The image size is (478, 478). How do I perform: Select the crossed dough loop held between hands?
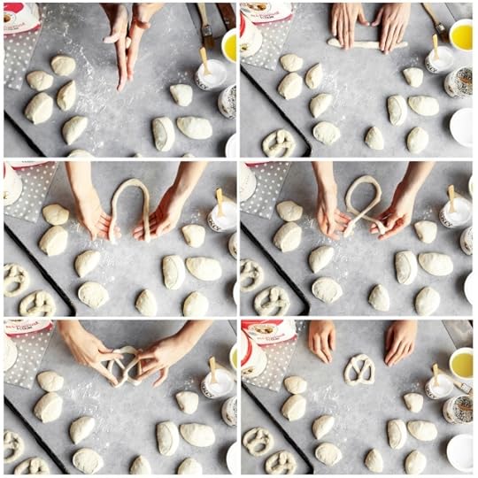[x=365, y=204]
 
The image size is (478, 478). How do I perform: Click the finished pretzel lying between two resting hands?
[x=359, y=368]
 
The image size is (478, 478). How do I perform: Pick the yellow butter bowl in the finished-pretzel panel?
[x=461, y=364]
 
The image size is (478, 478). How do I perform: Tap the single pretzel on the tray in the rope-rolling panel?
[x=278, y=143]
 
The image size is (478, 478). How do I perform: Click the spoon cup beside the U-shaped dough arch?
[x=220, y=215]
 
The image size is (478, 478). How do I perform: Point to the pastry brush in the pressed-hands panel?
[x=206, y=27]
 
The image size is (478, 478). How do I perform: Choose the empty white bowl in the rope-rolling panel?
[x=462, y=127]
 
